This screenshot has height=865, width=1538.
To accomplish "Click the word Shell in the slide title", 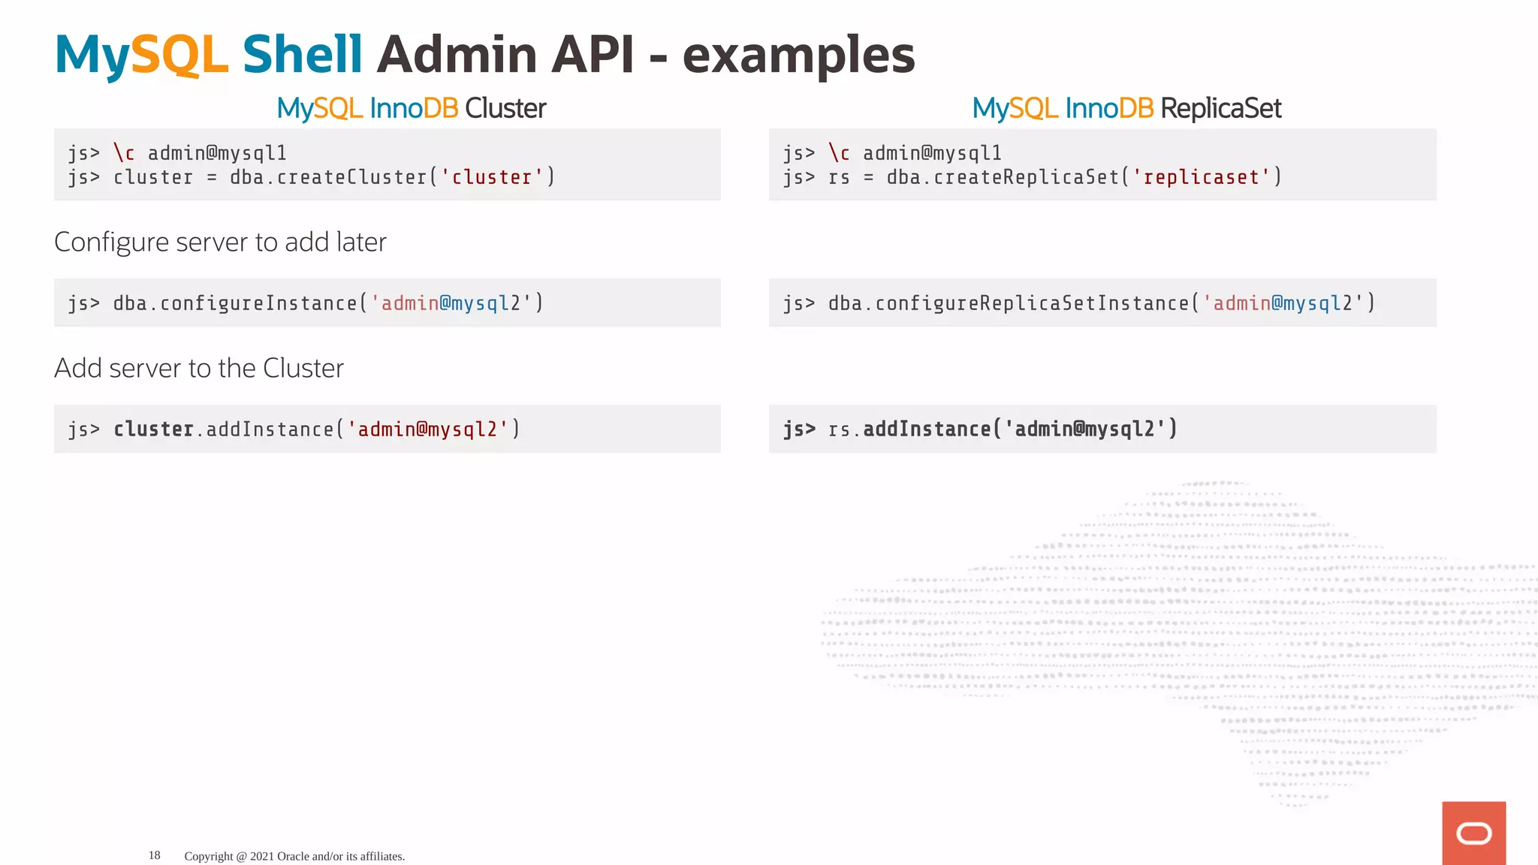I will (302, 55).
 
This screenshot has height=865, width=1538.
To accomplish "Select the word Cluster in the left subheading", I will (505, 109).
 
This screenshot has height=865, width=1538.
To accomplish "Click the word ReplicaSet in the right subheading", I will (1220, 109).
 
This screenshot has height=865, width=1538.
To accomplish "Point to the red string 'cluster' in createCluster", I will (492, 177).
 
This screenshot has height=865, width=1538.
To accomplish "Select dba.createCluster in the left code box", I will (328, 177).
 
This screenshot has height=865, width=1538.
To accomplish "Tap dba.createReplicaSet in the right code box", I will (1003, 177).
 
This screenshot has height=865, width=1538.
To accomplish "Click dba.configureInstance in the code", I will (235, 303).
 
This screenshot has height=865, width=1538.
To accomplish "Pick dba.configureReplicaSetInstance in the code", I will (1009, 303).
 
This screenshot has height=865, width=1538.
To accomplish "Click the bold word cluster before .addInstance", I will (153, 429).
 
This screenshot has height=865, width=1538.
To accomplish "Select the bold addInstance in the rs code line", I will (927, 429).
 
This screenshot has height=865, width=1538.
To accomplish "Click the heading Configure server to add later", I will (220, 243).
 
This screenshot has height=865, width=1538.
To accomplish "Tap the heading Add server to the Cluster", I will (199, 369).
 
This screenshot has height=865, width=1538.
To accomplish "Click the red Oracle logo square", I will (1473, 833).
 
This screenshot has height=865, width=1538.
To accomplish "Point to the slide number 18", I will (154, 855).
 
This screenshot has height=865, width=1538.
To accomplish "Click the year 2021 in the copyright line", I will (262, 856).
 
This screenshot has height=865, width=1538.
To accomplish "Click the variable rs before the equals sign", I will (838, 178).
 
